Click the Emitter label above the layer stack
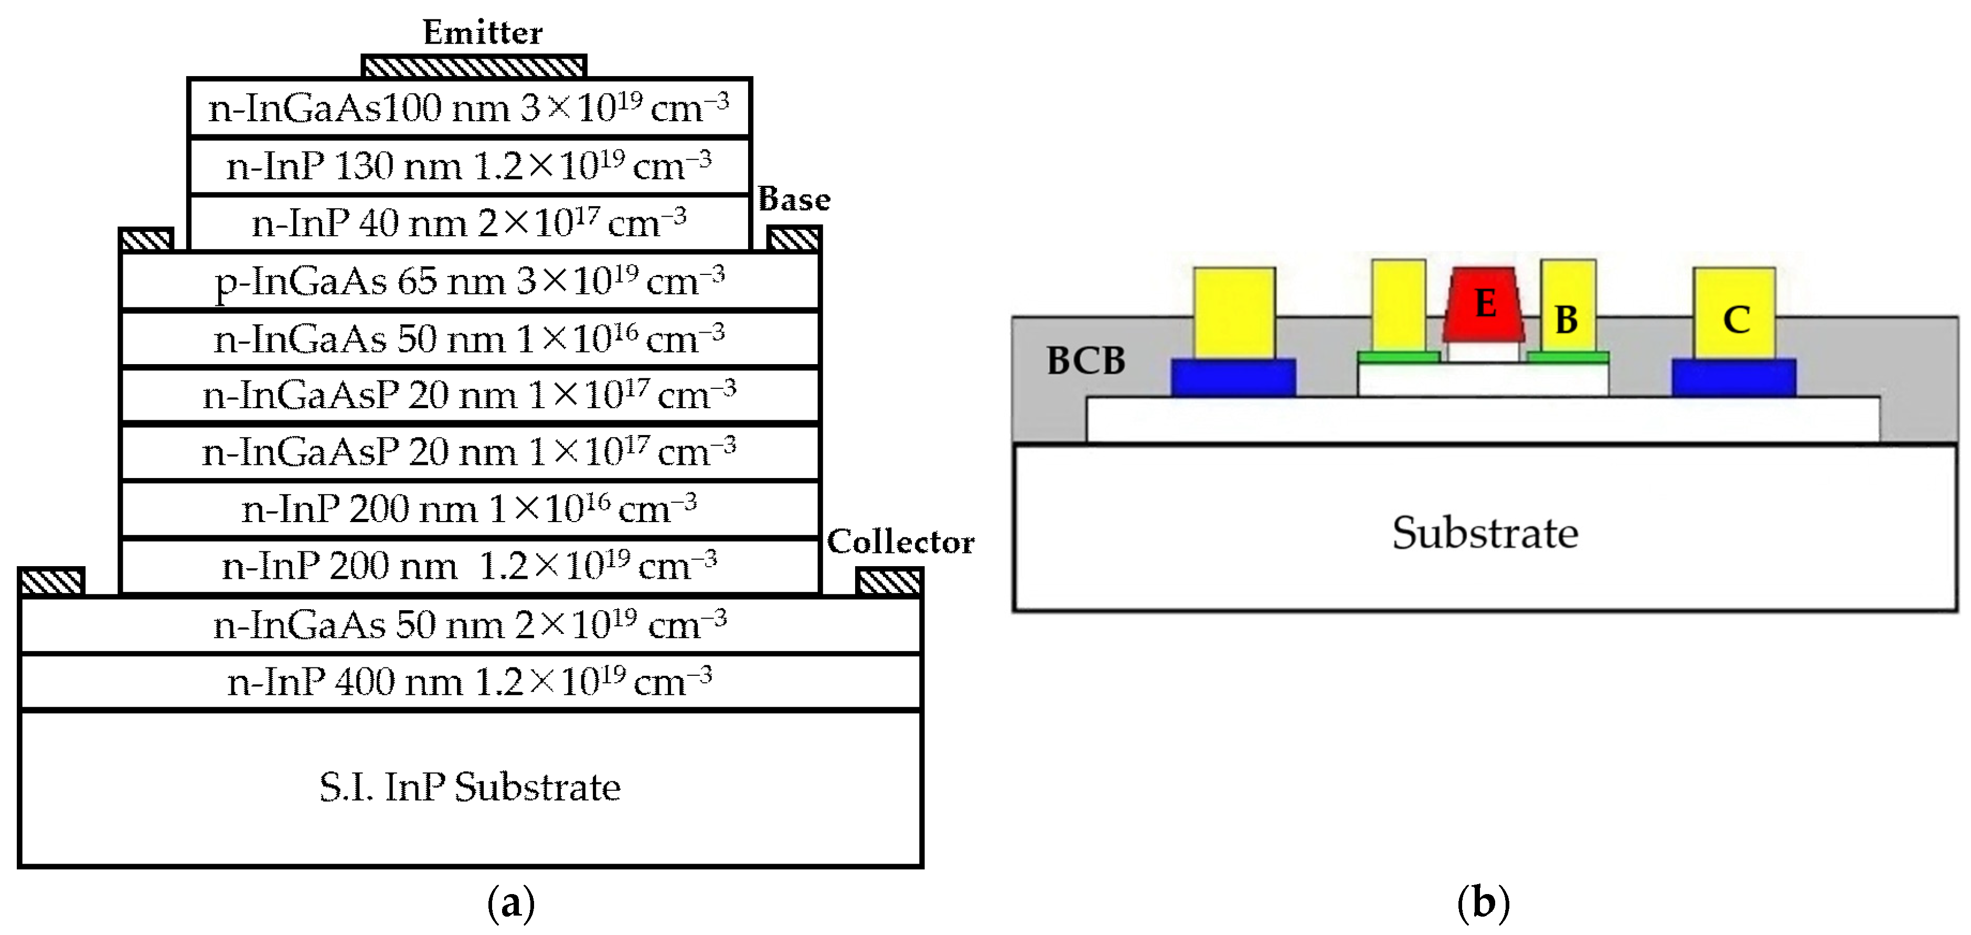coord(482,32)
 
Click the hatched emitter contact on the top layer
coord(474,67)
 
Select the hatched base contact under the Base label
coord(793,239)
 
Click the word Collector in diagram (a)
coord(901,541)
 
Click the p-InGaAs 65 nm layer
coord(470,281)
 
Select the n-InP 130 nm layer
coord(469,166)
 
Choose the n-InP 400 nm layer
coord(470,682)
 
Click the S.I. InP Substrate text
coord(470,787)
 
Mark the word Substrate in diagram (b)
coord(1484,533)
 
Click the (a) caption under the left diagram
coord(510,903)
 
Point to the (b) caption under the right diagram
coord(1483,903)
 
